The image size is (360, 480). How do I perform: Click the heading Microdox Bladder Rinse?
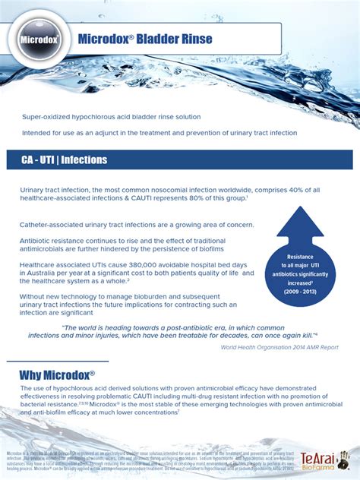[x=145, y=39]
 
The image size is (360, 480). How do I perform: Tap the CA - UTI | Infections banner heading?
[x=64, y=160]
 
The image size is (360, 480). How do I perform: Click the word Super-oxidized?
[x=46, y=117]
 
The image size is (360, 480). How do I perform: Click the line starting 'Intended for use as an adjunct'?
[x=159, y=133]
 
